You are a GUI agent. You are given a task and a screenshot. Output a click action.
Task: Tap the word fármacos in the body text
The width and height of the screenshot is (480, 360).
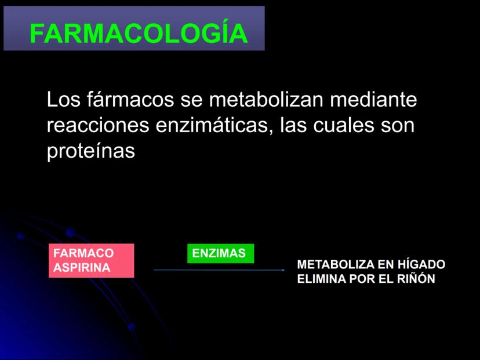coord(130,99)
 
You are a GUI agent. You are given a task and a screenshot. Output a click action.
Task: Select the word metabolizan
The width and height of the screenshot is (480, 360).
coord(266,99)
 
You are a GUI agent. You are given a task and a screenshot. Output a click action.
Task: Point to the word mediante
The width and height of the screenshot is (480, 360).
coord(373,99)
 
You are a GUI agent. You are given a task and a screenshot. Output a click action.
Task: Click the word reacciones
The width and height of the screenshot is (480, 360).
coord(98,125)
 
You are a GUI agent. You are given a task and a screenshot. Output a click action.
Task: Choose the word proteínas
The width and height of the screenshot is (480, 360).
coord(91,151)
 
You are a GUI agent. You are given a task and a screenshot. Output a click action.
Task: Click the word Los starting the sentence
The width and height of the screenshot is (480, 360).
coord(63,99)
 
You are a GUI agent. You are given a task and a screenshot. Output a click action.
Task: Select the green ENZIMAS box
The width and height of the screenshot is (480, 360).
coord(220,253)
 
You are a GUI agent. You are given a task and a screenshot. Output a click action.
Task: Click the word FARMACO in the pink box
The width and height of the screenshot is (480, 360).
coord(83,253)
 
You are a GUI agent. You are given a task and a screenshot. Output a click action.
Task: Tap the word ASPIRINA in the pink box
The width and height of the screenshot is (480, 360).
coord(82,268)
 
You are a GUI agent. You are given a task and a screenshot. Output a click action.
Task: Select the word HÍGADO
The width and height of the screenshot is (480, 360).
coord(421,264)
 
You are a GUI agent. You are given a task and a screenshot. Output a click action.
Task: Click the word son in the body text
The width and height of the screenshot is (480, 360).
coord(398,125)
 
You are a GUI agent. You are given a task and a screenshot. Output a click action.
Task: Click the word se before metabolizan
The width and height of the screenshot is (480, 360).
coord(192,99)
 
